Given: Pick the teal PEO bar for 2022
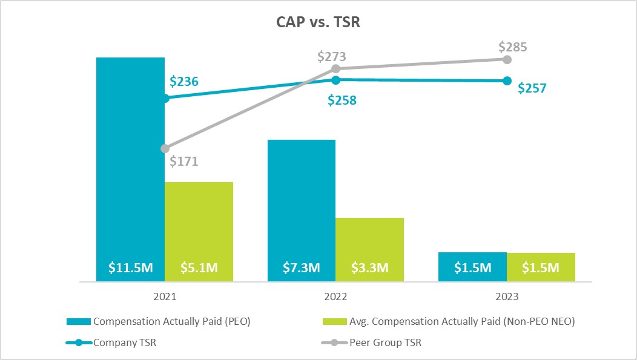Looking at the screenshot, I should [302, 200].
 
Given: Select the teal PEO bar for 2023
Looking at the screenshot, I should [472, 266].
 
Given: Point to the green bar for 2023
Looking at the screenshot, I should [541, 267].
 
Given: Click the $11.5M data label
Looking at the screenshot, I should [130, 268].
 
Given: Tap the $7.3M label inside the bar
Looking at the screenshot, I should [302, 268].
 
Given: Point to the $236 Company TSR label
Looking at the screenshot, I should [184, 82].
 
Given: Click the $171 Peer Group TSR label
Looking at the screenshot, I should [184, 162].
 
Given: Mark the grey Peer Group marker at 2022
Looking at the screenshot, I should [336, 68].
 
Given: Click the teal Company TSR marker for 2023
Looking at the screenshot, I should [507, 81].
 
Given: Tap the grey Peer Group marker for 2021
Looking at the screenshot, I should [165, 148].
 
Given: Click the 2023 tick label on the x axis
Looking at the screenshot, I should [507, 297].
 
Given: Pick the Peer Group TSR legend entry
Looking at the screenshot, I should [375, 342].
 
